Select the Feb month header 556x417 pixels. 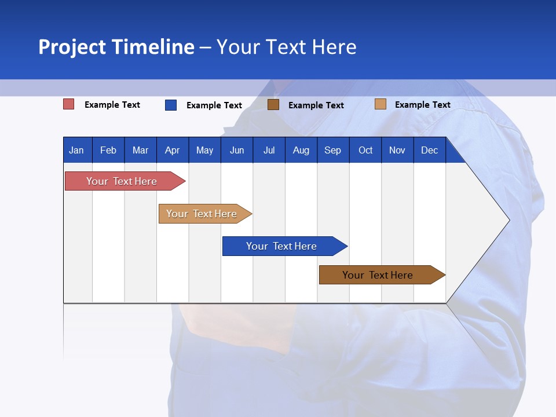[108, 150]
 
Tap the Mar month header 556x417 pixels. [140, 150]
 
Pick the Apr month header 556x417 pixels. [172, 150]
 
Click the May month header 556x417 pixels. [204, 150]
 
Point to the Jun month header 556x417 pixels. [237, 150]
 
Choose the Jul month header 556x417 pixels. [269, 150]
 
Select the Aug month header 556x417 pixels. [301, 150]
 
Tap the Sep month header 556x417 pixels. [332, 150]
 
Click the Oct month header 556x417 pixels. [365, 150]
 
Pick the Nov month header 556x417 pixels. [397, 150]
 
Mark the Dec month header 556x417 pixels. [429, 150]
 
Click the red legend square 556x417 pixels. [69, 104]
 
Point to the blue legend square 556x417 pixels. [171, 105]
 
